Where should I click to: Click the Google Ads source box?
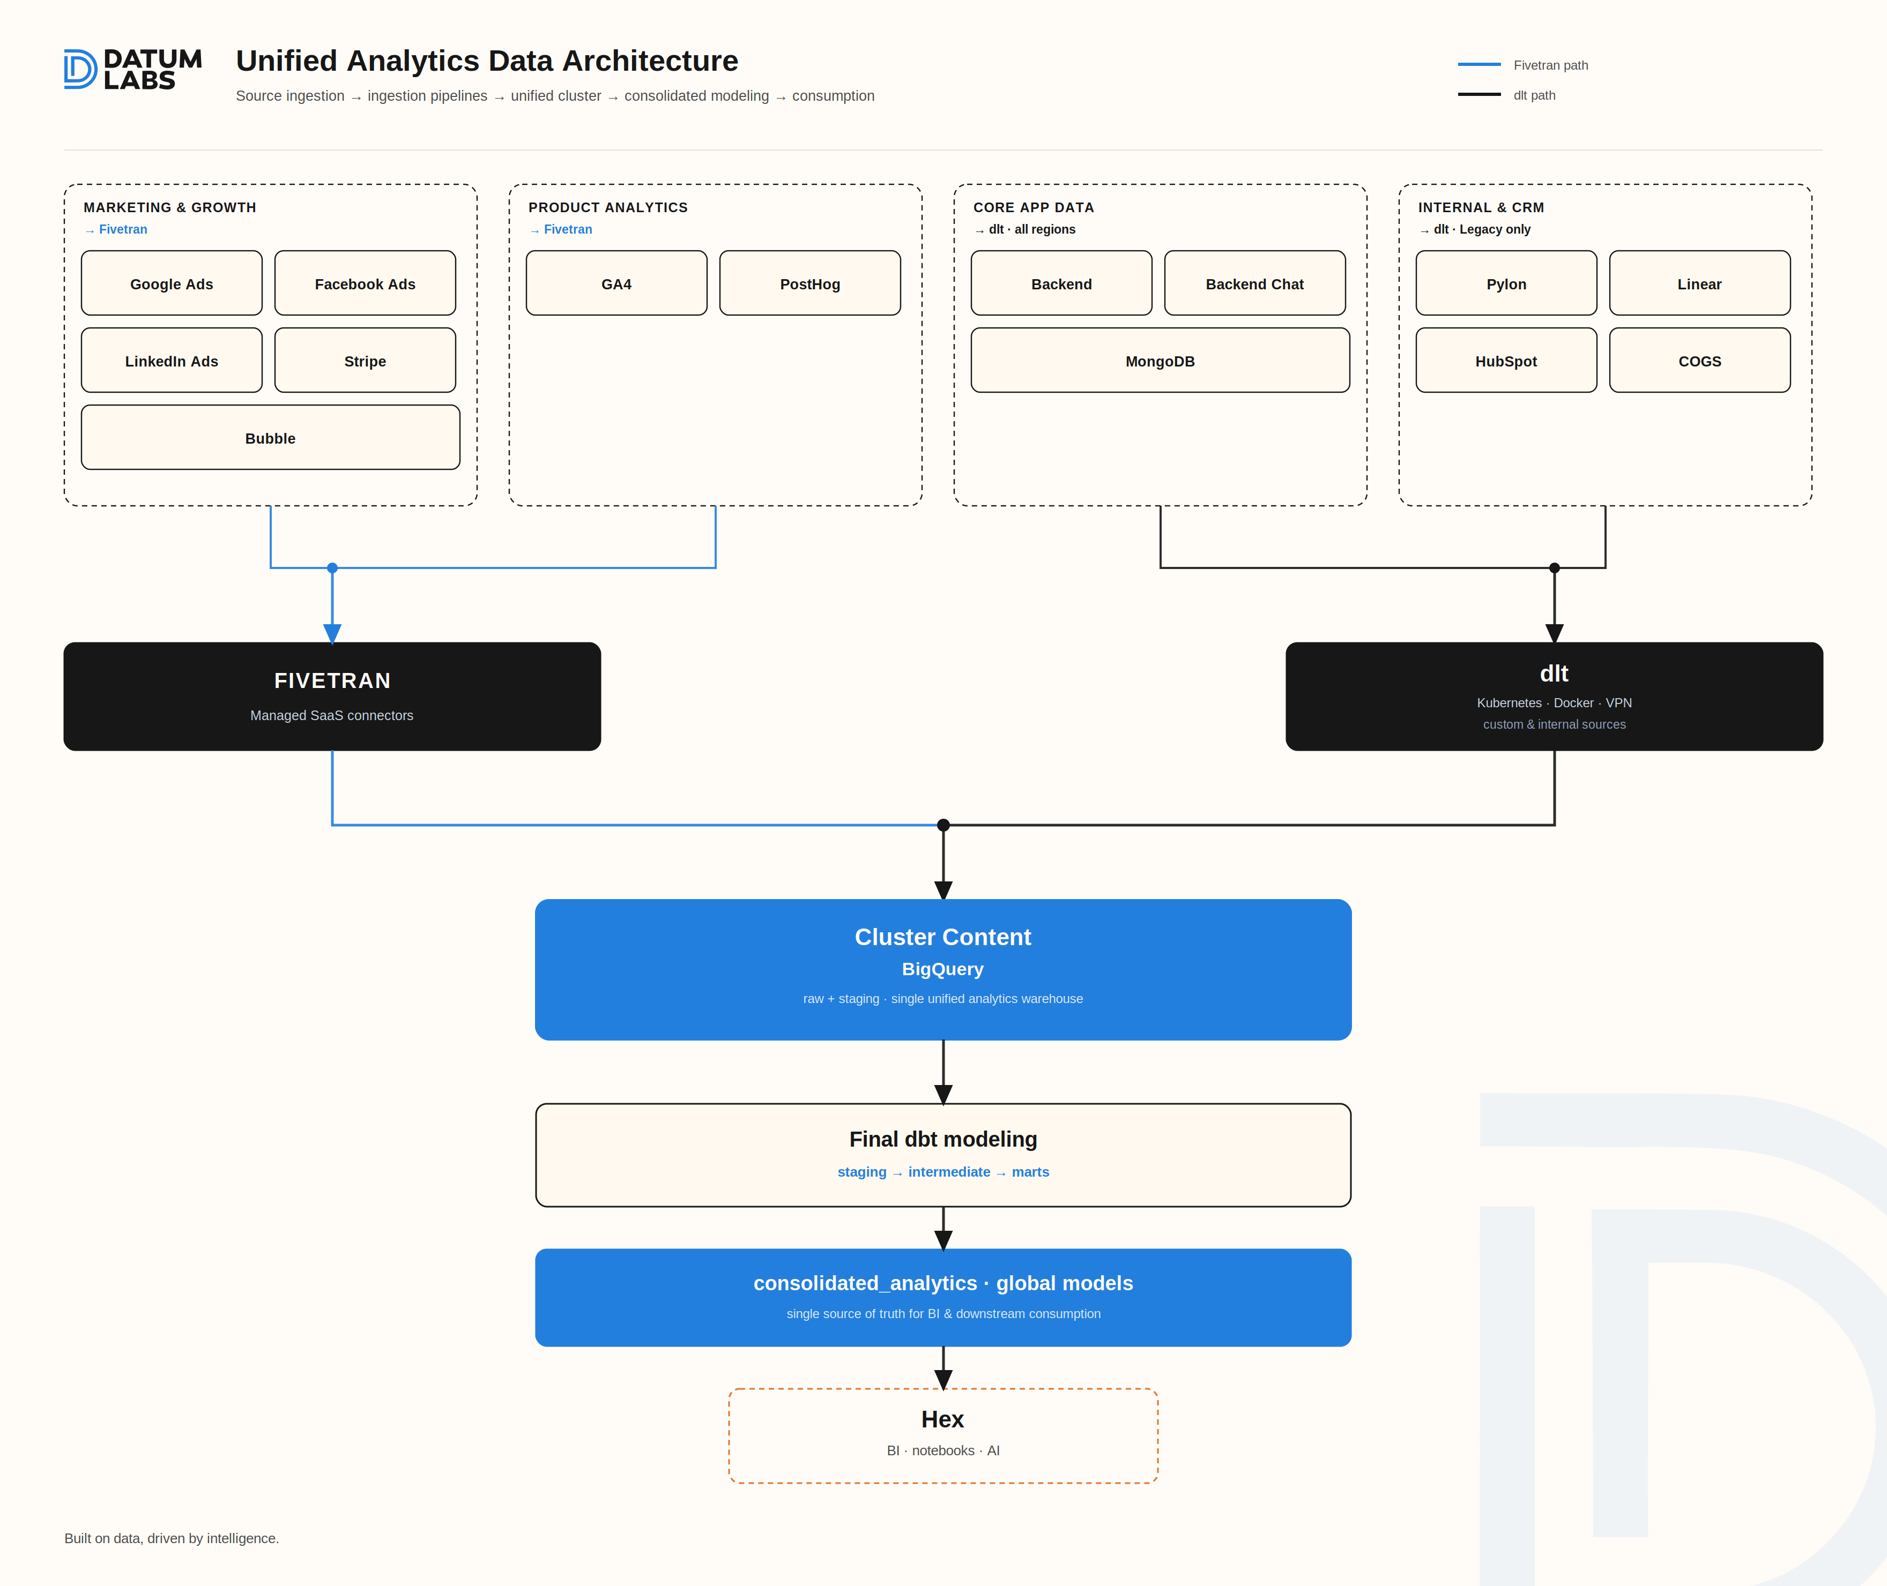172,283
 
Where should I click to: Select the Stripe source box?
365,361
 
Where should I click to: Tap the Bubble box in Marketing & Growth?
271,438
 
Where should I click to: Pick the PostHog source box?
811,283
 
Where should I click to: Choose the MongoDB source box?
1160,361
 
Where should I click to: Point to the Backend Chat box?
1255,283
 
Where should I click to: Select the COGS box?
1700,361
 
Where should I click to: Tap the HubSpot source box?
1506,361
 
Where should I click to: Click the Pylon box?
1506,283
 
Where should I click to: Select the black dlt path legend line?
1480,94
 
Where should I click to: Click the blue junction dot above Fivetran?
333,568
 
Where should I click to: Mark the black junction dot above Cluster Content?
944,825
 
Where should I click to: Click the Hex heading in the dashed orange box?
942,1419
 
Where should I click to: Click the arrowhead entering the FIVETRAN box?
333,634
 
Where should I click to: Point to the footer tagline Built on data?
172,1538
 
